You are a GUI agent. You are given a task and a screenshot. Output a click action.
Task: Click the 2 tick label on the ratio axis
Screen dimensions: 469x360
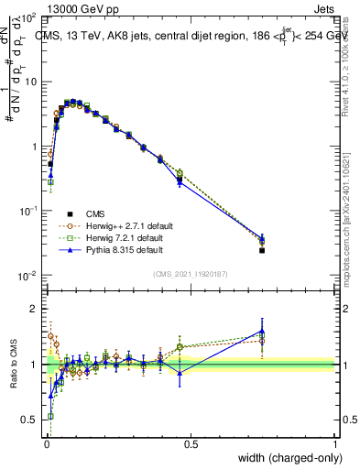tap(32, 309)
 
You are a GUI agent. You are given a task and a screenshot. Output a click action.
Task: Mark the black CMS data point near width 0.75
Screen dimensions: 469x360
tap(262, 250)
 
